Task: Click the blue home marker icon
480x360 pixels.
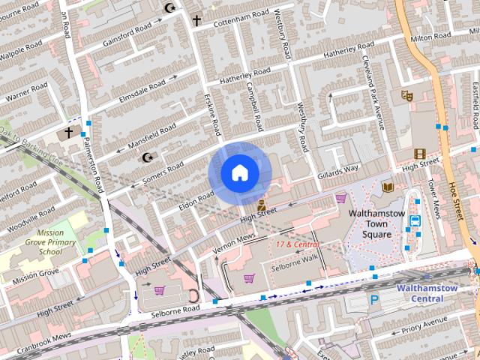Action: click(x=239, y=173)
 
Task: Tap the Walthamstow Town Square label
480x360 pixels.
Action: click(x=376, y=223)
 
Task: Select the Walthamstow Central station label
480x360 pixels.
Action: click(x=430, y=292)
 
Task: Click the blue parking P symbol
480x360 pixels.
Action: click(x=373, y=299)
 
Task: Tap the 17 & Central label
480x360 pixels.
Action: click(x=292, y=244)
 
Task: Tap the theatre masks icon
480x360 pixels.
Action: click(x=407, y=95)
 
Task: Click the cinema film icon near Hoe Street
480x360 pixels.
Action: click(x=420, y=154)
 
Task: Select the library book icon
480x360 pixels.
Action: click(x=388, y=187)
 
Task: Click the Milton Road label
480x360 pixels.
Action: click(x=430, y=37)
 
